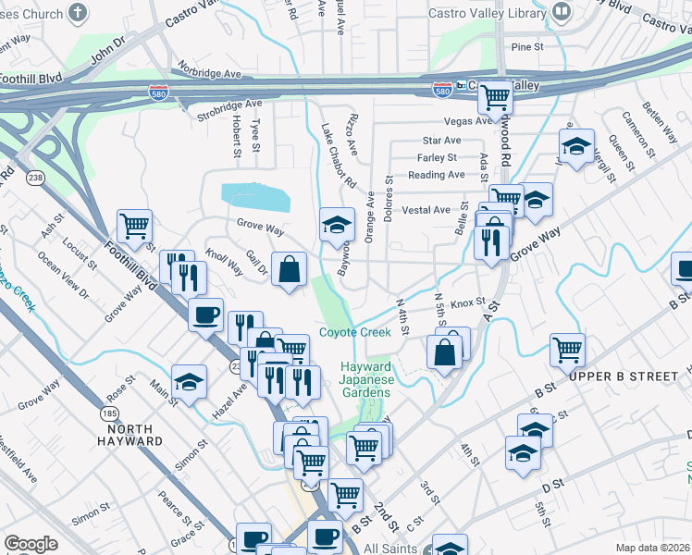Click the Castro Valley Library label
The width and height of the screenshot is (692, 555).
tap(488, 13)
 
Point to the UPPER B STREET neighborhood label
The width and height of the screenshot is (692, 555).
tap(618, 377)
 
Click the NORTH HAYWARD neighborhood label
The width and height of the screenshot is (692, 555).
tap(134, 435)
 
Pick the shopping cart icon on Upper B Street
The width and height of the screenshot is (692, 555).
tap(567, 350)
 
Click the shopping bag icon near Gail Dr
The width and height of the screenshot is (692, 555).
tap(289, 269)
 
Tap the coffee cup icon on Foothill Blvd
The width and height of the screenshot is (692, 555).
tap(205, 314)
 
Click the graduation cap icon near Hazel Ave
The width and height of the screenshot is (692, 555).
tap(188, 382)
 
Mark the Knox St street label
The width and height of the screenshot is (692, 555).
tap(468, 302)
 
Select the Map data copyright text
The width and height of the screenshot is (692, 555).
tap(653, 548)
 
